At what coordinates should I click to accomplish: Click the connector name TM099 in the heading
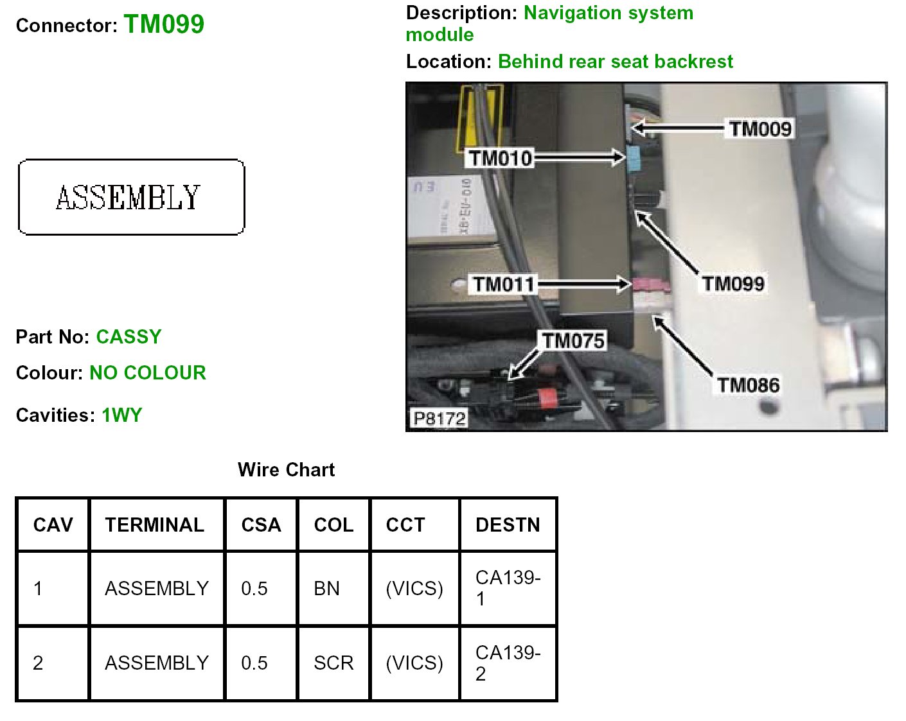pos(164,24)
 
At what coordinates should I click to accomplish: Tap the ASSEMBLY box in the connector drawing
pos(131,197)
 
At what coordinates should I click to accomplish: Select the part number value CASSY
pos(129,337)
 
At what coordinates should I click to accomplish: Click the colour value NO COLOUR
pos(148,373)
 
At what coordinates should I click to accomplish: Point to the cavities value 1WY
pos(122,415)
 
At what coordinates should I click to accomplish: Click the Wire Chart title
pos(286,470)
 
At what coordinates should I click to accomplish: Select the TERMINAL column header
pos(155,525)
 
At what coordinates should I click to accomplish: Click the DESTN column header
pos(508,525)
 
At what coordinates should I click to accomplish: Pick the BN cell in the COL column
pos(326,588)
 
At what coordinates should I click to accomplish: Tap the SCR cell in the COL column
pos(333,663)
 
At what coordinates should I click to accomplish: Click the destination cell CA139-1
pos(508,588)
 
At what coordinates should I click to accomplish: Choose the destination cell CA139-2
pos(508,663)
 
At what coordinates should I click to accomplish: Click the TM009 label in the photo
pos(760,129)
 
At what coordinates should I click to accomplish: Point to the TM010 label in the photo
pos(500,158)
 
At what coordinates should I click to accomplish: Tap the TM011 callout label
pos(504,284)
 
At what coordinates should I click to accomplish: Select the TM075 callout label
pos(573,340)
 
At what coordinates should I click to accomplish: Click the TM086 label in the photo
pos(748,385)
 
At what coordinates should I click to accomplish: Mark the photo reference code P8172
pos(440,419)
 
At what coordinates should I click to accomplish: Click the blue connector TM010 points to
pos(634,158)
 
